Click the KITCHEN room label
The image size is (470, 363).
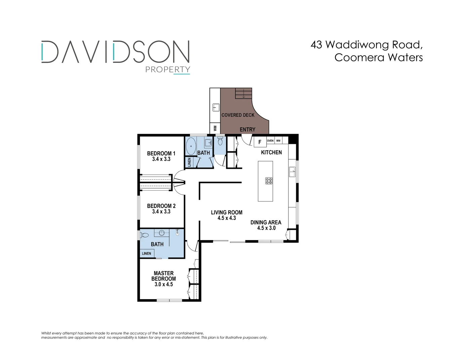point(271,153)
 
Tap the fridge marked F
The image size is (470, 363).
point(260,142)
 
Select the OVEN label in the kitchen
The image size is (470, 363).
point(270,140)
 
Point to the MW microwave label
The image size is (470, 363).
point(278,140)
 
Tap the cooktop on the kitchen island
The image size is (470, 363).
point(269,181)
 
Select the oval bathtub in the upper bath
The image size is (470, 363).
point(191,146)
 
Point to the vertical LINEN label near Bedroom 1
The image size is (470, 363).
point(189,162)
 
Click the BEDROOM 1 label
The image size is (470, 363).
point(161,154)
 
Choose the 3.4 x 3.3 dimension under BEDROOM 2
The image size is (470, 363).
point(161,212)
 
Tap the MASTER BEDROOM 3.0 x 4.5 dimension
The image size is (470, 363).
point(164,284)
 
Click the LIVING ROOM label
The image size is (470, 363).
point(227,212)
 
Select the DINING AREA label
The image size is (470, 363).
point(266,223)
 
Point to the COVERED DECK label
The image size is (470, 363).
point(238,115)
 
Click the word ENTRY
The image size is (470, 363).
point(247,129)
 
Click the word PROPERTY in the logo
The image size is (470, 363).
point(167,70)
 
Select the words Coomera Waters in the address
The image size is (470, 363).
point(379,57)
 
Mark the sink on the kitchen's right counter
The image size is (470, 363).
point(292,172)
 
